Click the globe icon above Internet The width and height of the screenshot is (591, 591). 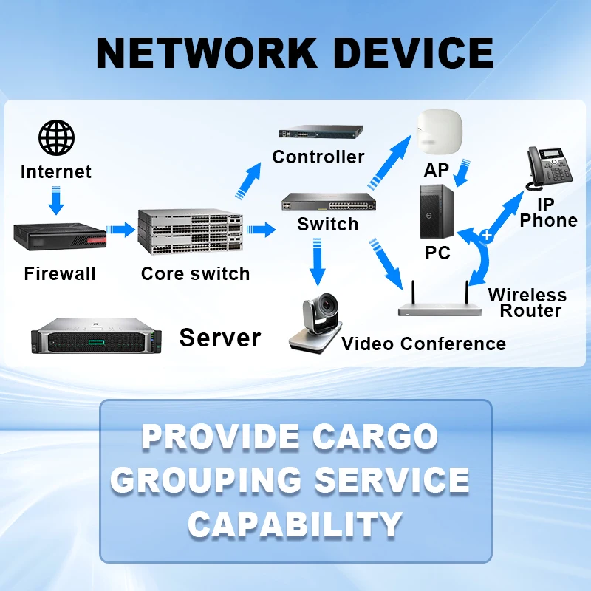(57, 137)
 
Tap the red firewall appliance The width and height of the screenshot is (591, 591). (60, 236)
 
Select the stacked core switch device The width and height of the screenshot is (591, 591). (190, 231)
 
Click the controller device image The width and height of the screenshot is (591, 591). (321, 133)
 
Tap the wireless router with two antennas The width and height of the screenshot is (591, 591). (440, 302)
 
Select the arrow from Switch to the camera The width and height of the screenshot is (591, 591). (318, 265)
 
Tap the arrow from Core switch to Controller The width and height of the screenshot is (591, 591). (249, 180)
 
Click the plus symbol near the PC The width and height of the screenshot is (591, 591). (487, 236)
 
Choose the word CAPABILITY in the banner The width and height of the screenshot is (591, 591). (295, 524)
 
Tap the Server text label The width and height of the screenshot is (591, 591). (220, 338)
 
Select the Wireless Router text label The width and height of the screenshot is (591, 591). (527, 303)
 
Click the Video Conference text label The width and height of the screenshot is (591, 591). (423, 344)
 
